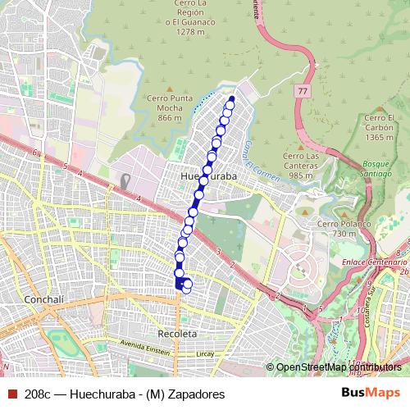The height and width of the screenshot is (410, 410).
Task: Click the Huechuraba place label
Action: (207, 176)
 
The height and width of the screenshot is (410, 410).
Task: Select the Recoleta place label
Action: (176, 335)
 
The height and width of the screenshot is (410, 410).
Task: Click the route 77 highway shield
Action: (303, 90)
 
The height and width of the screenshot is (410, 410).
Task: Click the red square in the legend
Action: (11, 394)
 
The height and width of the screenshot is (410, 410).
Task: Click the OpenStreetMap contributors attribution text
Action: (335, 367)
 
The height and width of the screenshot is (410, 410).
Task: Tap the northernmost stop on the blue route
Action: (231, 100)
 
